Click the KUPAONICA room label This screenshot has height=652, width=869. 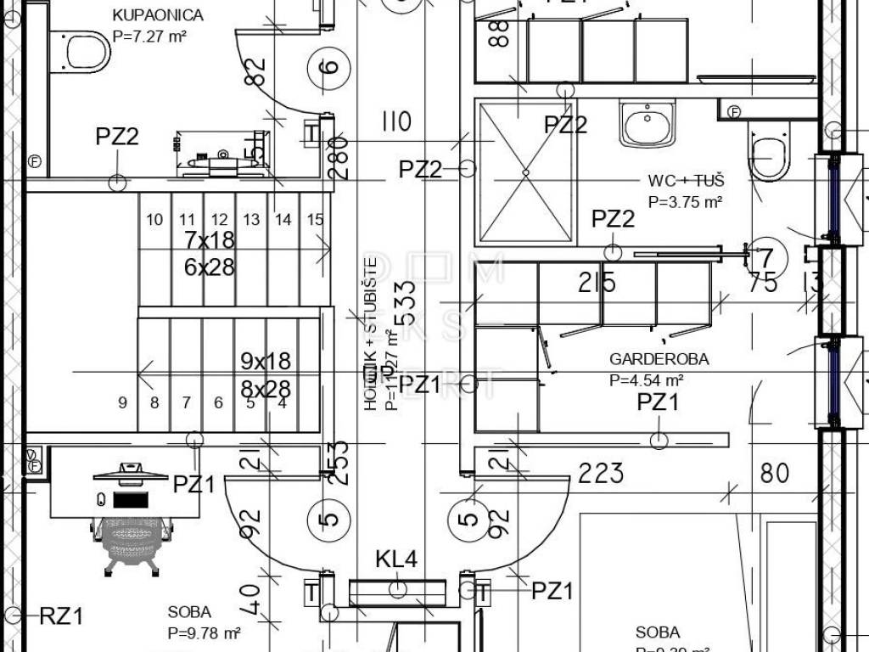[x=158, y=15]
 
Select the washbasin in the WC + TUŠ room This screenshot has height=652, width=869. [x=648, y=124]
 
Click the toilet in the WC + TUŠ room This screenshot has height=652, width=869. [x=770, y=153]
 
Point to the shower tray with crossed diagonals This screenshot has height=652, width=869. [x=525, y=172]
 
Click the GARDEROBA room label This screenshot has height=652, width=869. [x=659, y=359]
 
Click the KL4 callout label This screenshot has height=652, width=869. [x=396, y=559]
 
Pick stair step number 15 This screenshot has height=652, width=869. [x=315, y=220]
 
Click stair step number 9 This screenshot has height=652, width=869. [x=122, y=402]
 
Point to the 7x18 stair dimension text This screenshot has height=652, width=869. [x=209, y=240]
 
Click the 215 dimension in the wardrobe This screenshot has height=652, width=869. [x=597, y=283]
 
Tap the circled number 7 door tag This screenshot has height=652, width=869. [x=765, y=257]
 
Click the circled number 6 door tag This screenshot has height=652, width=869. [x=331, y=66]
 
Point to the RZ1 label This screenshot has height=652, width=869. [x=62, y=616]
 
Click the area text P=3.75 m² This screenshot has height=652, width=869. [x=685, y=202]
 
